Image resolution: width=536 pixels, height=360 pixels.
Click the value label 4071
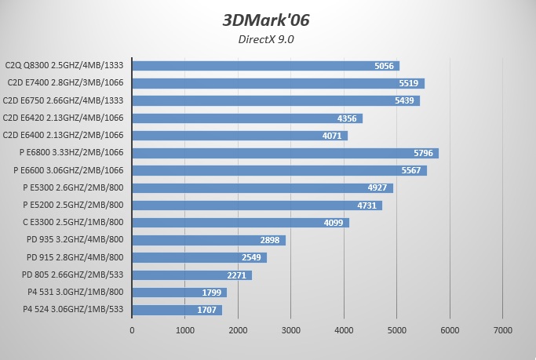(x=334, y=136)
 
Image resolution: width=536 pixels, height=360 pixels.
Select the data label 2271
(x=239, y=275)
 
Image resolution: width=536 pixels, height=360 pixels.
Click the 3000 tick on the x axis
(x=290, y=330)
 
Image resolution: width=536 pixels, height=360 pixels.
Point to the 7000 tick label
(x=502, y=330)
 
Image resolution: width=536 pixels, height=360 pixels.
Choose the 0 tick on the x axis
(x=132, y=330)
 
